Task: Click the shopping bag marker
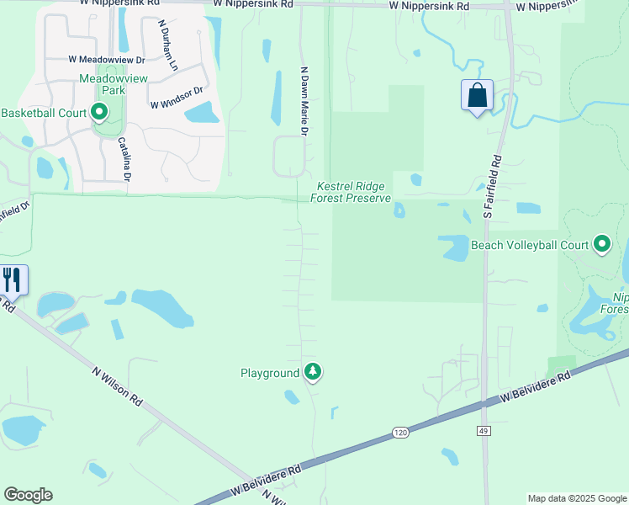point(477,95)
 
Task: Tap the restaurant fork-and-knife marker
point(12,279)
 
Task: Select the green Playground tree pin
point(313,371)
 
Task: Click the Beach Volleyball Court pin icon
point(602,245)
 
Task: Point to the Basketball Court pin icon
point(99,112)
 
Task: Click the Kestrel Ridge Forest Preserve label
point(351,192)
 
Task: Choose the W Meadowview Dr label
point(107,60)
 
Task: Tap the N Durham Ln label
point(167,45)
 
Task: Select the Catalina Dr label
point(124,159)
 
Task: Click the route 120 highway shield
point(400,433)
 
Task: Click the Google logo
point(28,495)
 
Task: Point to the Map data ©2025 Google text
point(578,498)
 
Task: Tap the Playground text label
point(270,373)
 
